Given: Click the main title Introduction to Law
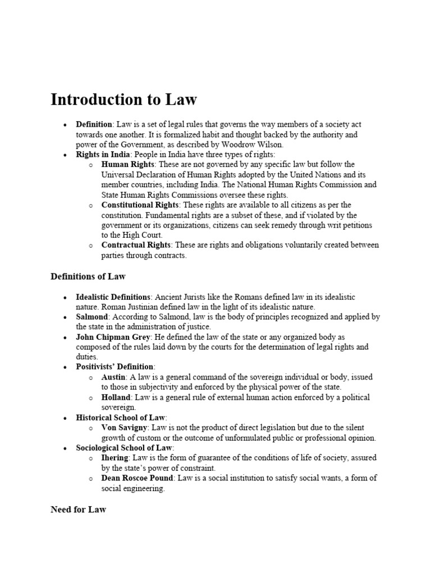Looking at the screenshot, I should click(x=124, y=100).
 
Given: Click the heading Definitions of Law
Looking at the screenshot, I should click(x=88, y=276).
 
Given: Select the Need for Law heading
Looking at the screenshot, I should click(x=78, y=510).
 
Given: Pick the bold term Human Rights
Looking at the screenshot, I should click(x=127, y=164).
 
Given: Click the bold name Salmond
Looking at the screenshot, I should click(x=93, y=317).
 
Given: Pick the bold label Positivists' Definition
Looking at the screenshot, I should click(x=115, y=367).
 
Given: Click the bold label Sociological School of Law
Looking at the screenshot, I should click(x=125, y=448).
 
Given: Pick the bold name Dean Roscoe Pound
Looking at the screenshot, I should click(x=136, y=478).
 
